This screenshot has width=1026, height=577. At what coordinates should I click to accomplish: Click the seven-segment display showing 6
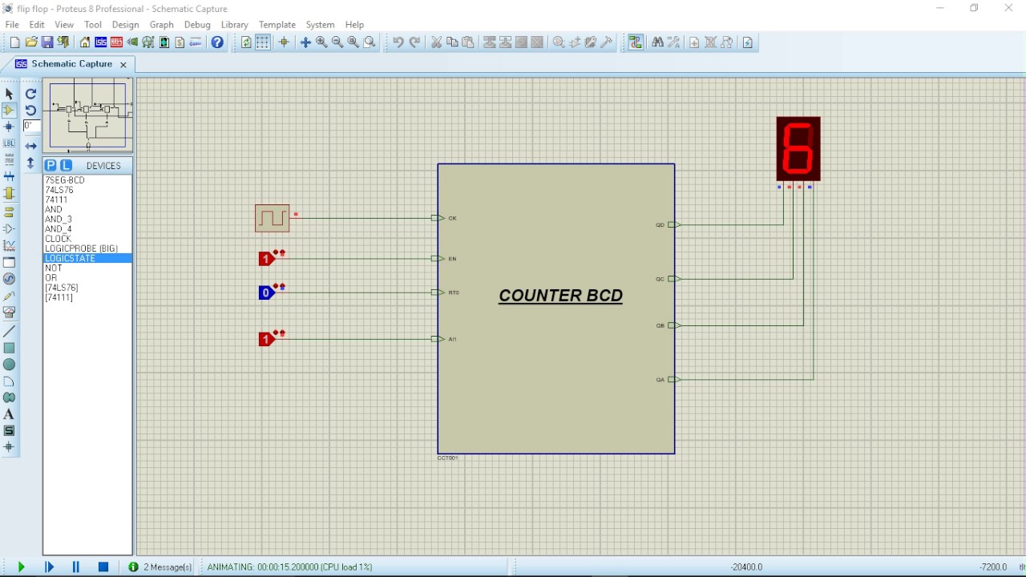[798, 149]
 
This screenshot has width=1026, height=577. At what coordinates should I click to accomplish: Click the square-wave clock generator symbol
[273, 218]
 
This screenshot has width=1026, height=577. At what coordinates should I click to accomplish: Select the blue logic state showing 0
[266, 293]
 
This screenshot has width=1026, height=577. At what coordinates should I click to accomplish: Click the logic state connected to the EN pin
[266, 259]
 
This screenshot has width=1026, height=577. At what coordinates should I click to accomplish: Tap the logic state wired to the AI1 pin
[266, 340]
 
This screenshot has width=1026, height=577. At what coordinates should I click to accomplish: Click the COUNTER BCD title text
[560, 296]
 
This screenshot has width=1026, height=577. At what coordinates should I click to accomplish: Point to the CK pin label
[453, 218]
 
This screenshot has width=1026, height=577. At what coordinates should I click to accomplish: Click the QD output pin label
[660, 225]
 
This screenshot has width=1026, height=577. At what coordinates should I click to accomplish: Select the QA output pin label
[660, 380]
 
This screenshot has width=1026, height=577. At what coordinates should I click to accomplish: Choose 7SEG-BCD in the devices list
[65, 180]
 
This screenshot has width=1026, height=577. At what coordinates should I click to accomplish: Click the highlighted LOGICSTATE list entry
[71, 259]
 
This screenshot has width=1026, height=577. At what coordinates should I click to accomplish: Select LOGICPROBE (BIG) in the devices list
[81, 248]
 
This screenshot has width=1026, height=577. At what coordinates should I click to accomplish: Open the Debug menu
[197, 25]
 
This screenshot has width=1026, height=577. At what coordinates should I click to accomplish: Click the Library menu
[234, 25]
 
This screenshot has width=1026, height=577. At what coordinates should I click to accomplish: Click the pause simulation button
[76, 567]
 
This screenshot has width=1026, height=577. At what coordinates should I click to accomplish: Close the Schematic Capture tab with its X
[123, 64]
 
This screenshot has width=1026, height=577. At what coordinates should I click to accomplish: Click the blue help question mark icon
[217, 42]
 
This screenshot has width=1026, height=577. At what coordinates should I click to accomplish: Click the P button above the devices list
[50, 166]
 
